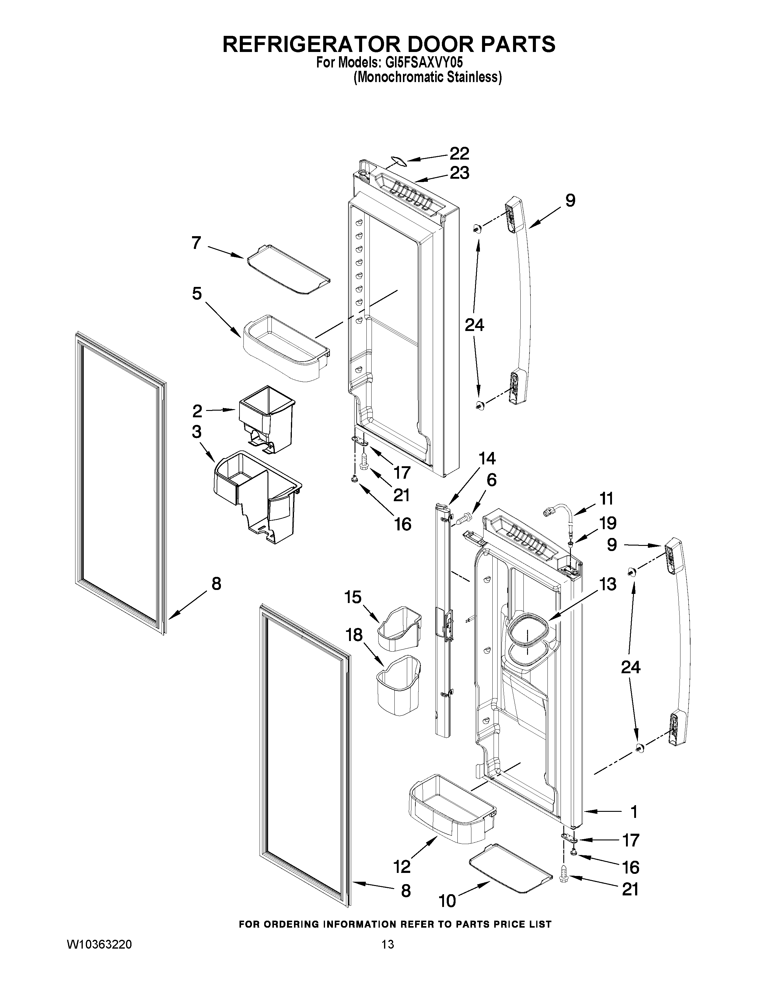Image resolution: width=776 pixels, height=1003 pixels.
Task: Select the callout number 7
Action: click(196, 243)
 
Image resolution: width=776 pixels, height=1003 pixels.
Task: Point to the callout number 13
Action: click(608, 584)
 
